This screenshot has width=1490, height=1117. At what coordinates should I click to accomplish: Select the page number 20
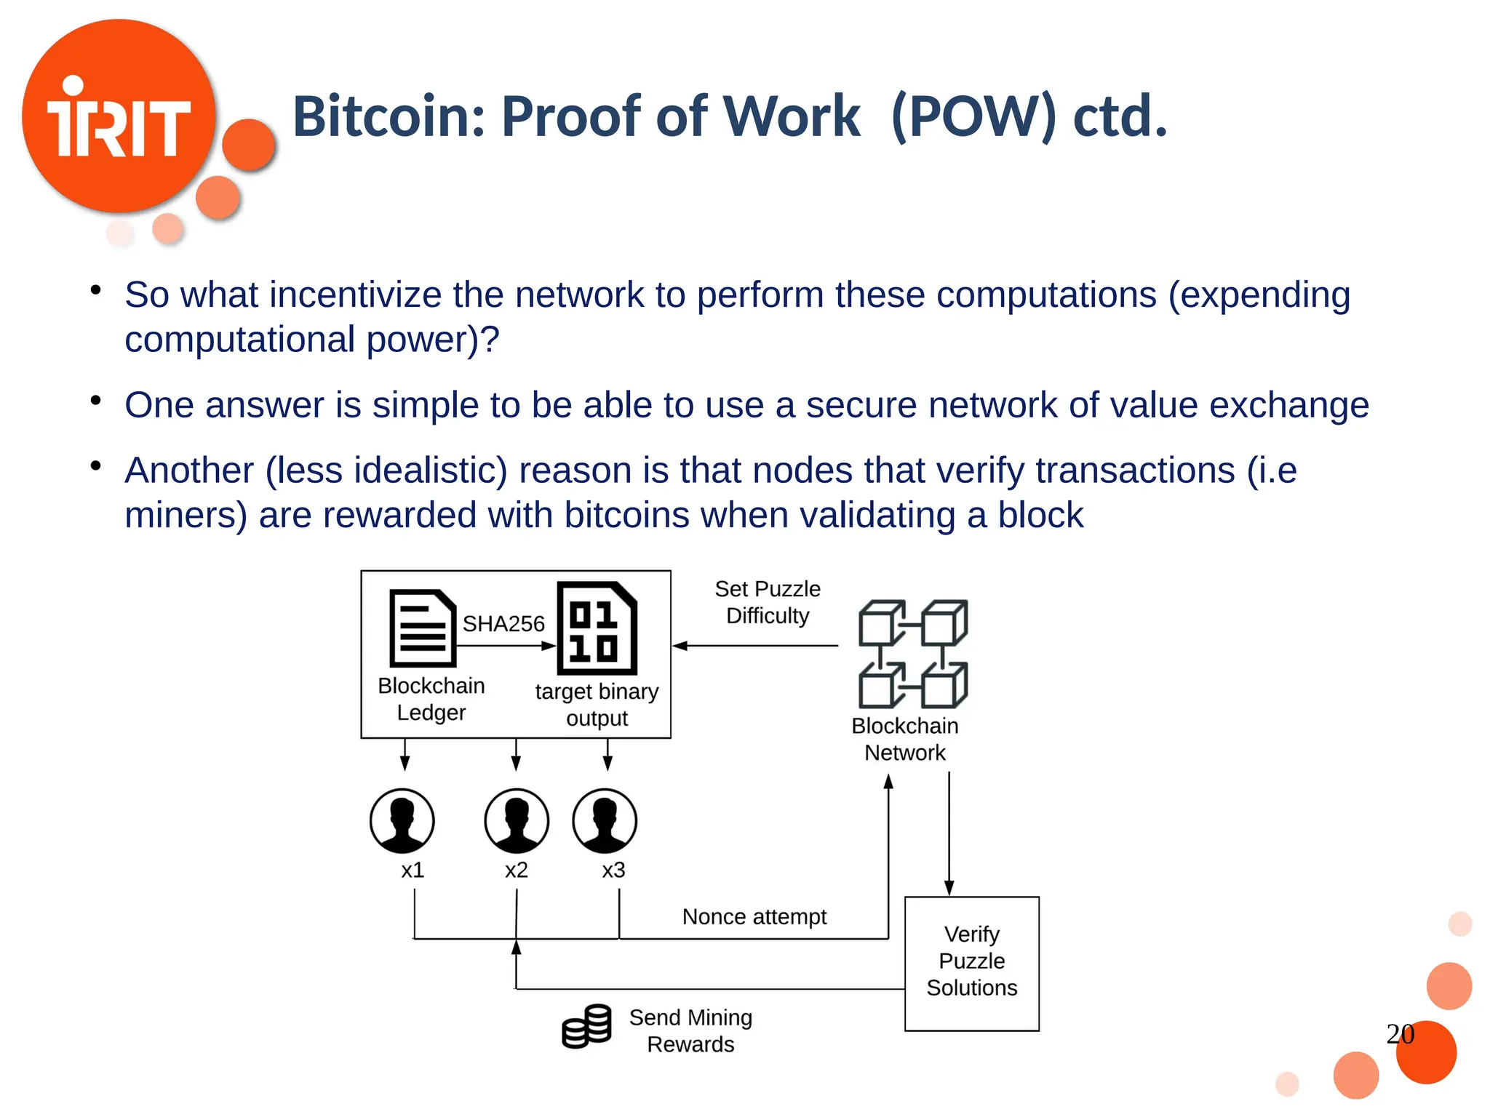point(1400,1033)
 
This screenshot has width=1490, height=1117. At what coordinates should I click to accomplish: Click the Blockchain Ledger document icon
point(423,628)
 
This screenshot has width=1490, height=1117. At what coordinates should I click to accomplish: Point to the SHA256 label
point(503,623)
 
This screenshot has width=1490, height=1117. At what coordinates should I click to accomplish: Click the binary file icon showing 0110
point(597,628)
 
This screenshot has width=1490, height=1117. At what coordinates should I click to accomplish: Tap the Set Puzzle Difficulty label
point(768,602)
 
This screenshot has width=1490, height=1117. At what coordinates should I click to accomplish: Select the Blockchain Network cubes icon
point(913,654)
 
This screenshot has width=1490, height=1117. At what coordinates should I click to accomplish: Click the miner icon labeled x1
point(402,820)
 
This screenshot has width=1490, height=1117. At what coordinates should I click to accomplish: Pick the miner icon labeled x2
point(517,820)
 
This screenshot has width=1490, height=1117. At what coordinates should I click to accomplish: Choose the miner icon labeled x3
point(605,820)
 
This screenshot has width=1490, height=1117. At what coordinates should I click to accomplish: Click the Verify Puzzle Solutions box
point(971,963)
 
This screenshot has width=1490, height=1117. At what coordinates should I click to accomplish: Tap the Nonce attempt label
point(754,916)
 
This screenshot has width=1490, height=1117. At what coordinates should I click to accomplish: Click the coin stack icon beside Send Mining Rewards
point(586,1026)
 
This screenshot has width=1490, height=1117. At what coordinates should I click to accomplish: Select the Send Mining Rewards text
point(690,1030)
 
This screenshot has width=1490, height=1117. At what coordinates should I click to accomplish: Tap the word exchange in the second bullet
point(1288,405)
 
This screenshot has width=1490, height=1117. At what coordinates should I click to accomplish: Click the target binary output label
point(597,704)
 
